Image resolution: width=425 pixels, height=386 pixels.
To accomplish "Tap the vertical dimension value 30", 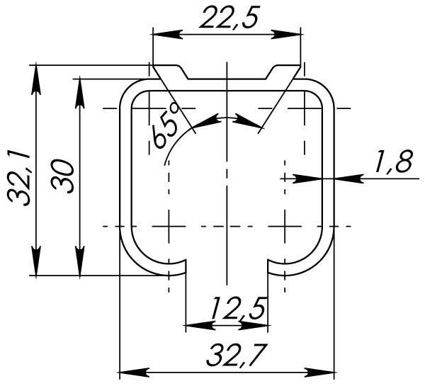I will coord(64,176).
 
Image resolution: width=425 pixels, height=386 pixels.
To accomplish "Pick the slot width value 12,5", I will coord(238,309).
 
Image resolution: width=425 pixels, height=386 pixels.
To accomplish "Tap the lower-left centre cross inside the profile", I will coord(169,227).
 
